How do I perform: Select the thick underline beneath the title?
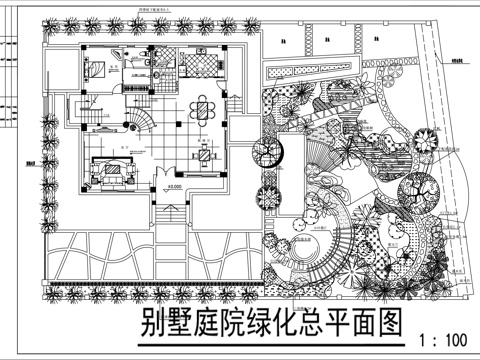[270, 343]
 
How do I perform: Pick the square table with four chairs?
[206, 153]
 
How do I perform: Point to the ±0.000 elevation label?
[175, 187]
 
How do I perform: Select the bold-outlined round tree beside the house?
[268, 153]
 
